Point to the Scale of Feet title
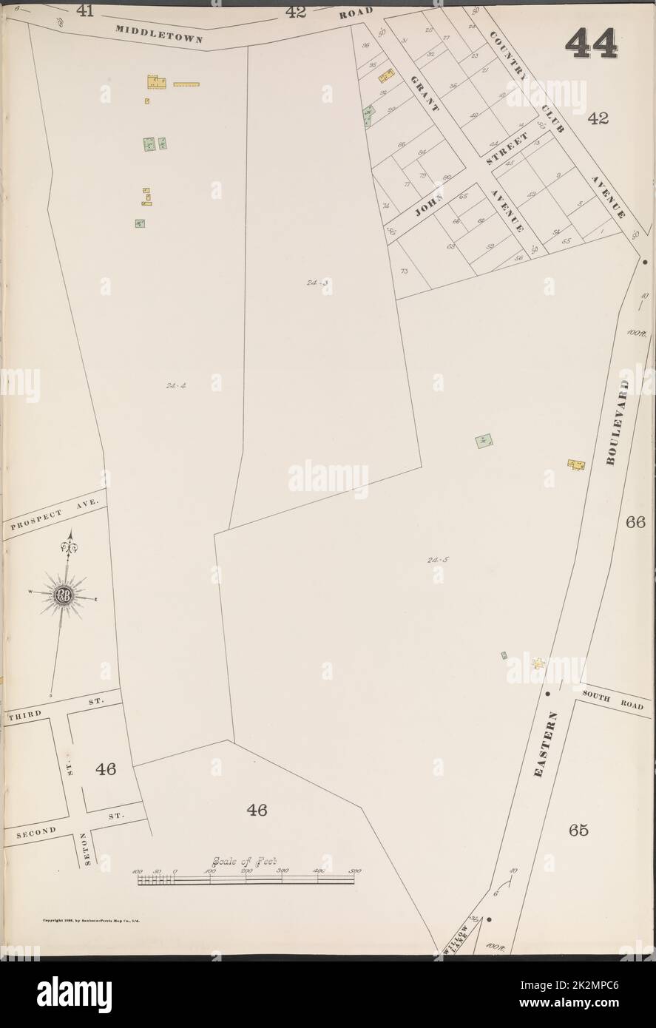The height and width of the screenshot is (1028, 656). click(x=243, y=861)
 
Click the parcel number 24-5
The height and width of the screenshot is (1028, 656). click(x=437, y=560)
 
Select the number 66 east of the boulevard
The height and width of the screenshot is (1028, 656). click(x=635, y=521)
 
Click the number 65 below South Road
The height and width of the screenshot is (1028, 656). click(x=578, y=830)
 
